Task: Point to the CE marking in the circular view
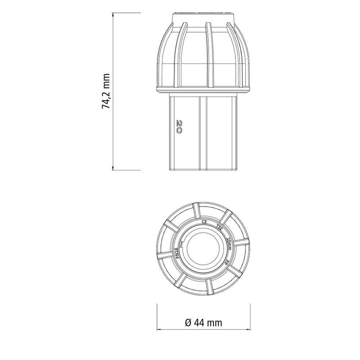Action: (204, 222)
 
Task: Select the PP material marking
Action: (226, 262)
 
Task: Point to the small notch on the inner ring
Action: (182, 245)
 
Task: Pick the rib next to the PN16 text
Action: (166, 256)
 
